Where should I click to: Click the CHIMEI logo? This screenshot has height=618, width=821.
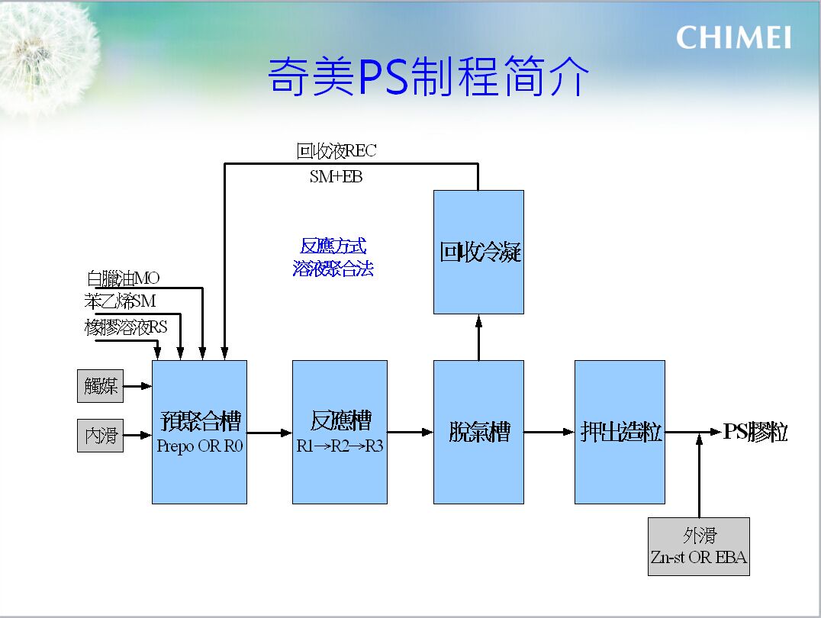tap(733, 37)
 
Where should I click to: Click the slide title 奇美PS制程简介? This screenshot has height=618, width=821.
tap(428, 76)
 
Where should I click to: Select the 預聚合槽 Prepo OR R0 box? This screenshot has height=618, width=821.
tap(199, 432)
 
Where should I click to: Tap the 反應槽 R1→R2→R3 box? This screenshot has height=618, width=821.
tap(340, 432)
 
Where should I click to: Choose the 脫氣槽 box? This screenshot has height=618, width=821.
tap(478, 432)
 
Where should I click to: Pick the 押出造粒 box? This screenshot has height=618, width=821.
tap(620, 432)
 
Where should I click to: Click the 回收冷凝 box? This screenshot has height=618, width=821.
tap(478, 252)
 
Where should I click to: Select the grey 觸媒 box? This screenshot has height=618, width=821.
tap(100, 386)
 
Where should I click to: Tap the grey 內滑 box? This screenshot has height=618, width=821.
tap(100, 435)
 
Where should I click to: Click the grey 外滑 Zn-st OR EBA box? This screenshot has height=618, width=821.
tap(698, 546)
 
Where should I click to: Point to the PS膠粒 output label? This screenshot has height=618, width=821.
tap(755, 432)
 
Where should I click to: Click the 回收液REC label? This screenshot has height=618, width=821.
tap(336, 151)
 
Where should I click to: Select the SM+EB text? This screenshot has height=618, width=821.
tap(336, 176)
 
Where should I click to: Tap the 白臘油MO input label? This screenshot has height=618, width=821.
tap(123, 278)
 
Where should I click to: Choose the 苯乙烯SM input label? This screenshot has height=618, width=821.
tap(120, 301)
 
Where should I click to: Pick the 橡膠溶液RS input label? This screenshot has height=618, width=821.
tap(126, 327)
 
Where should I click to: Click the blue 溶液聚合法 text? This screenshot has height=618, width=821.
tap(333, 268)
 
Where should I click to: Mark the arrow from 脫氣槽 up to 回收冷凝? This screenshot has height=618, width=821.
tap(478, 337)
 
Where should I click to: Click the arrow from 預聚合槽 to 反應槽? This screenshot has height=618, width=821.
tap(269, 433)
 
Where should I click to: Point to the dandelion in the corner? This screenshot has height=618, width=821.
tap(47, 55)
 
